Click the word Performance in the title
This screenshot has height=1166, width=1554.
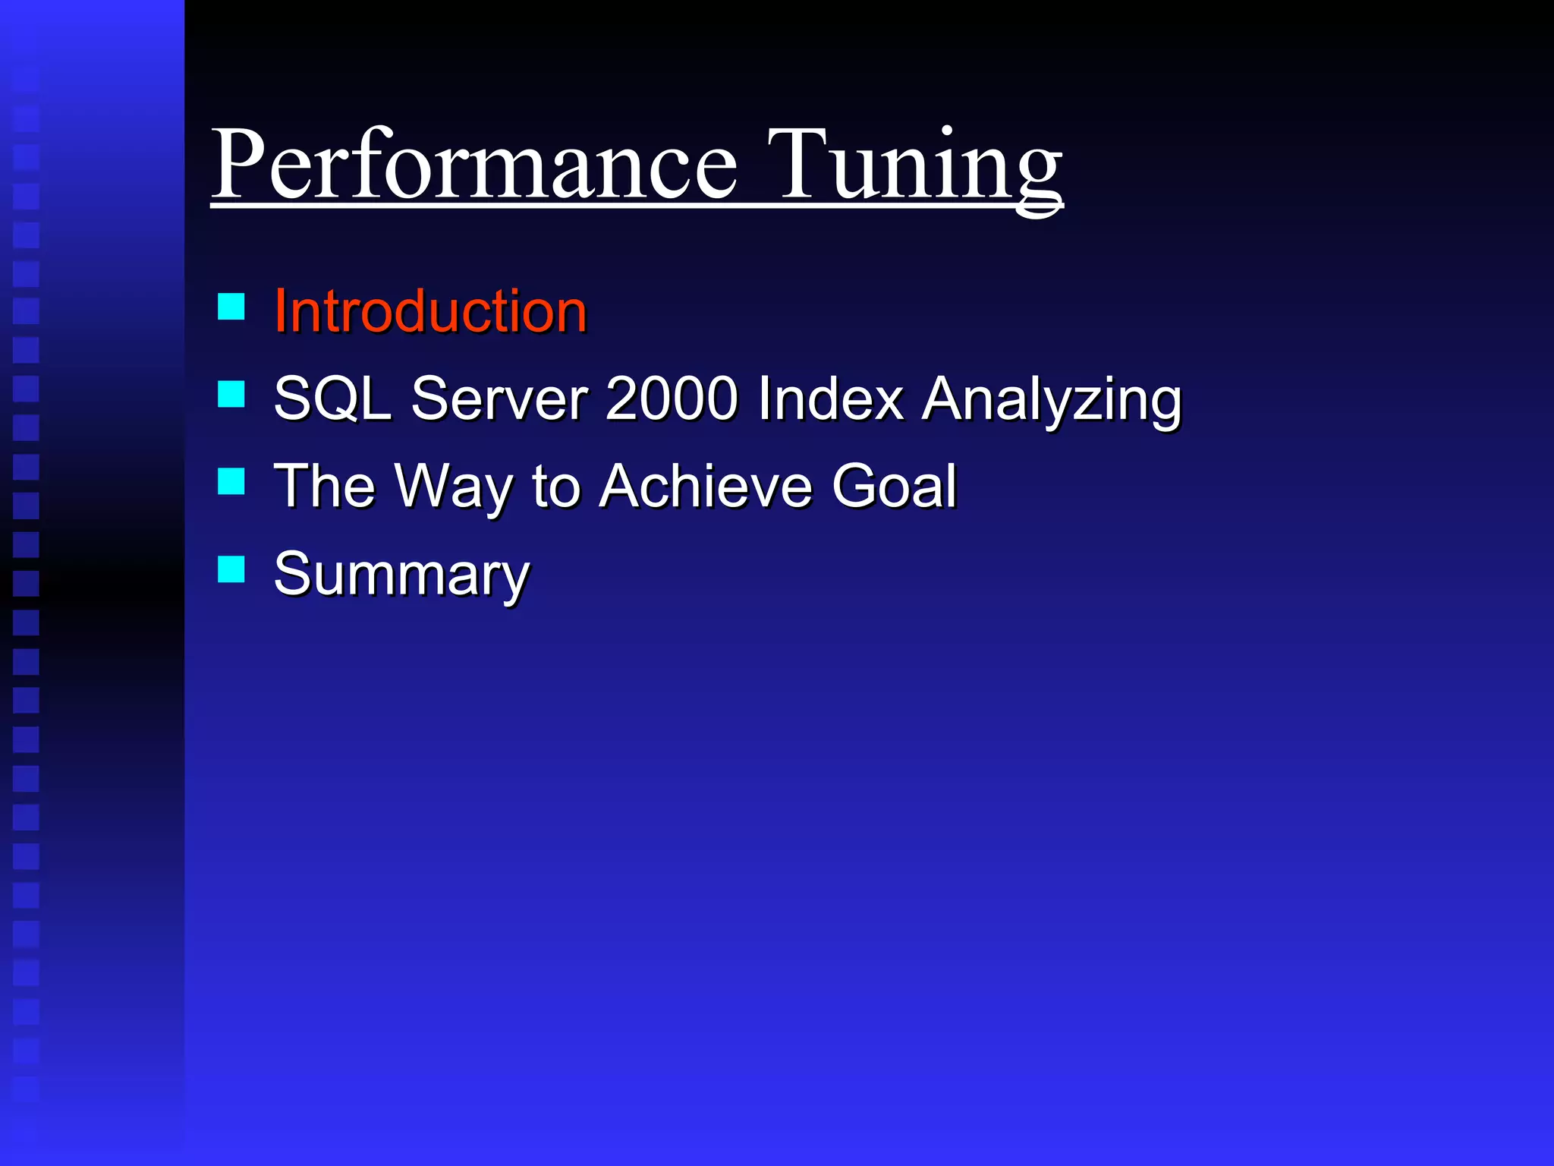click(474, 165)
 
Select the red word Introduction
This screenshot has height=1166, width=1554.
click(430, 311)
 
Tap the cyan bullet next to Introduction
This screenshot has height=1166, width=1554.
click(231, 307)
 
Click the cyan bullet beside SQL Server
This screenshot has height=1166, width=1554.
click(231, 394)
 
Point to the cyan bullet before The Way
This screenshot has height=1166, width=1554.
click(231, 481)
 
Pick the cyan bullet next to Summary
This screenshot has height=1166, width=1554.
click(231, 569)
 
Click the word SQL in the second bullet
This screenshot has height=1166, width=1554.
click(332, 399)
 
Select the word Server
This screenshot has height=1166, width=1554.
click(500, 399)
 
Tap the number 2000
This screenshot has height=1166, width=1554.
click(672, 399)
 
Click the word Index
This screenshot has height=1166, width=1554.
click(831, 399)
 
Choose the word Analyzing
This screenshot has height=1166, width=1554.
click(1052, 401)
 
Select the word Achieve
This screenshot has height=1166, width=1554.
click(706, 486)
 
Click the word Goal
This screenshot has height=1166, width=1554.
click(895, 486)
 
